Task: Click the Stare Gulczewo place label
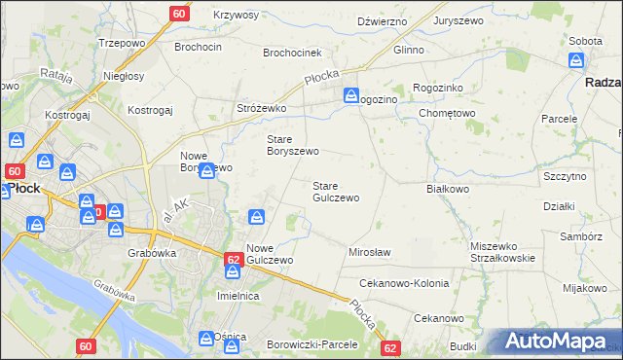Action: click(336, 191)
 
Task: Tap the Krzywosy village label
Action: click(236, 16)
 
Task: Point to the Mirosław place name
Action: click(369, 252)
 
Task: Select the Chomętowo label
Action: click(446, 113)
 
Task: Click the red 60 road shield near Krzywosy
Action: click(179, 14)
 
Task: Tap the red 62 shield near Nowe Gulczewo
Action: click(233, 260)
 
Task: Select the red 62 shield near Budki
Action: click(391, 347)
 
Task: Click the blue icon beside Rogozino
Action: click(350, 95)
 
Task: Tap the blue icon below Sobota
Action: click(577, 60)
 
